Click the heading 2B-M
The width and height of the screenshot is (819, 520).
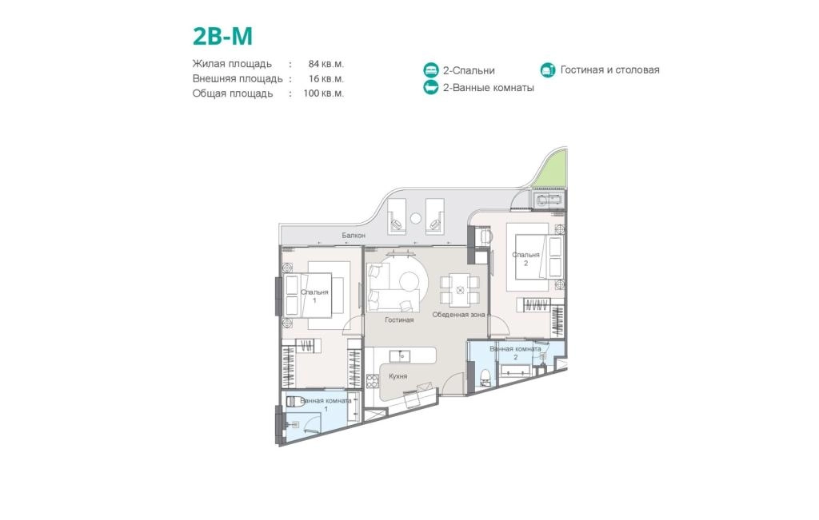222,36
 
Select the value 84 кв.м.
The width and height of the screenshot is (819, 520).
326,64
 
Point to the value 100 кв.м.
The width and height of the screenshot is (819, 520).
324,93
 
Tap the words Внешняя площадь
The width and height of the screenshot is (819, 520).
238,79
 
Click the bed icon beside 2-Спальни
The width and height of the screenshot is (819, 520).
431,70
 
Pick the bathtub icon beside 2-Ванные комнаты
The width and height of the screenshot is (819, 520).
431,87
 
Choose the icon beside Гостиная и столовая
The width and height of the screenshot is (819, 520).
547,69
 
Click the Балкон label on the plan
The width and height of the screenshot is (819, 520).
354,235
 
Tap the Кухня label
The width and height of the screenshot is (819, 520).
398,376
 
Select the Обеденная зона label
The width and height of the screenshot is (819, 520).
458,315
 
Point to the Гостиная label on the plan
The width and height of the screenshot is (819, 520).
399,320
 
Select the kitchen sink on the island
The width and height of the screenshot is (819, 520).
400,356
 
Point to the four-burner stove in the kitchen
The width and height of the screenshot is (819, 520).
373,381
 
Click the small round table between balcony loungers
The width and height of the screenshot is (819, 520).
416,219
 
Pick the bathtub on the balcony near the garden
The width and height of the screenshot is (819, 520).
548,200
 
